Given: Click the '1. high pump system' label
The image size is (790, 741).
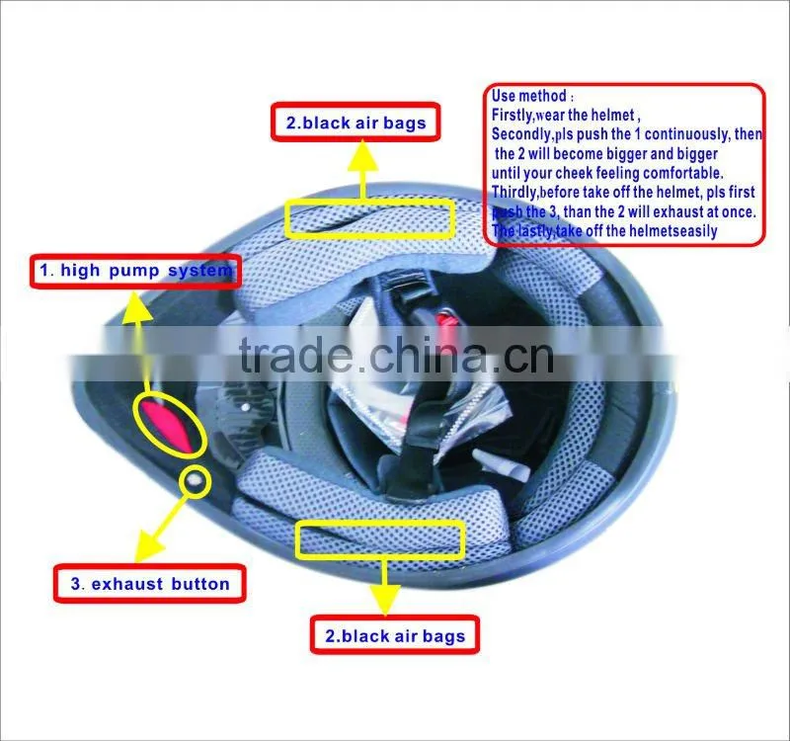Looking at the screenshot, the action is pos(135,271).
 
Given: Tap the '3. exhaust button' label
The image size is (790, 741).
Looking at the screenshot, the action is pos(150,584).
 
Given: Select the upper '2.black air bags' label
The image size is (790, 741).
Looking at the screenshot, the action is pos(355,123).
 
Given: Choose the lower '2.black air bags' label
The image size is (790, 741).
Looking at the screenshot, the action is pos(394,635).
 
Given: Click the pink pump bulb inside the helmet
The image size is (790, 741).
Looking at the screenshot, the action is pos(166,424).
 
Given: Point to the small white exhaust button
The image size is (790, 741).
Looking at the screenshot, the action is pos(195,481).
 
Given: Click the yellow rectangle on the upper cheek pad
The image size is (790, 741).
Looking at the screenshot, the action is pos(369,218).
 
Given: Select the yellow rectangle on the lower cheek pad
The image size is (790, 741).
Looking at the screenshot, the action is pos(380,539).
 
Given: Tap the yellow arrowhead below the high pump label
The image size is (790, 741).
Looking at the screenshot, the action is pos(135,307).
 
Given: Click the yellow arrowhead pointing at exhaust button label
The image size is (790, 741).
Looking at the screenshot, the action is pos(150,546).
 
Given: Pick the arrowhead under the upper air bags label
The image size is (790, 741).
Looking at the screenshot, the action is pos(362,156).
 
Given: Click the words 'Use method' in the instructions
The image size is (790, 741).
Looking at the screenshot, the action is pos(529,96).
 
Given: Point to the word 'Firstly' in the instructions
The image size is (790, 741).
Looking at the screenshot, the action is pos(512,116).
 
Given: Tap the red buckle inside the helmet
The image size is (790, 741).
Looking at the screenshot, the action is pos(447,321).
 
